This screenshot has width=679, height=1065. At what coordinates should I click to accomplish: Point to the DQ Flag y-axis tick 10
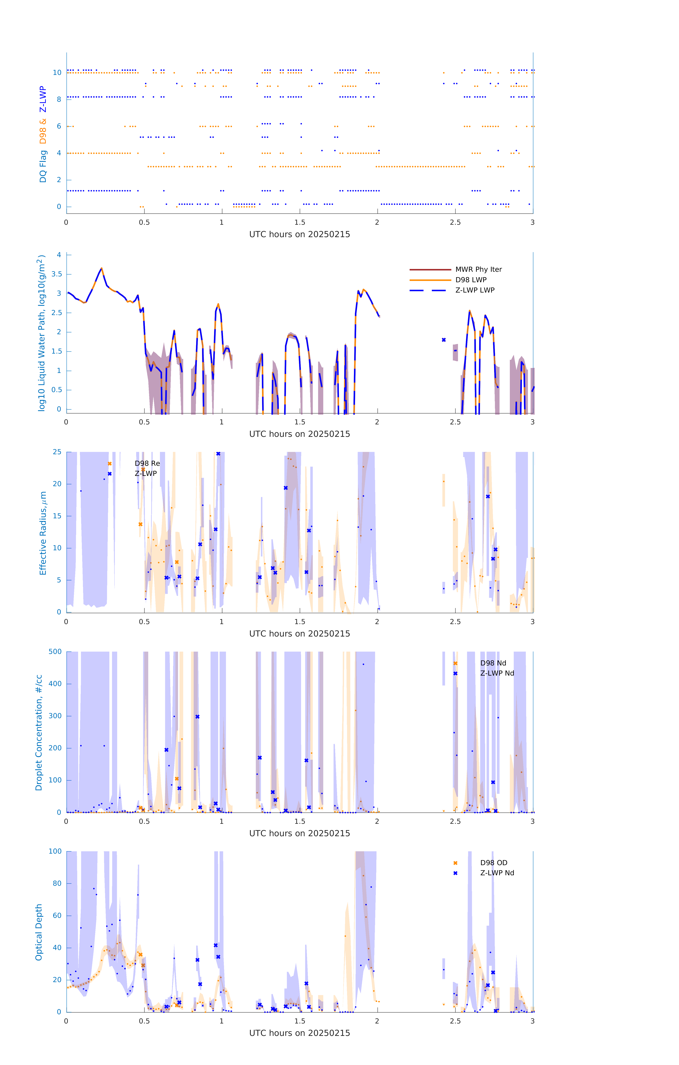tap(57, 73)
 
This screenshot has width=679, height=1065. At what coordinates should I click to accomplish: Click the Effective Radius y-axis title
tap(43, 533)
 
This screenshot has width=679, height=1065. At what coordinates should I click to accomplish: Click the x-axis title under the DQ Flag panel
tap(299, 234)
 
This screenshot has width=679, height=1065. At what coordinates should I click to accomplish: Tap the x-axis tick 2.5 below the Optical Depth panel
tap(455, 1021)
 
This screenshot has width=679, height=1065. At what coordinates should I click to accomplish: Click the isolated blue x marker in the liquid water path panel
tap(444, 340)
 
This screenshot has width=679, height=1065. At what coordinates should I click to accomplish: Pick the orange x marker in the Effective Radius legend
tap(110, 463)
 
